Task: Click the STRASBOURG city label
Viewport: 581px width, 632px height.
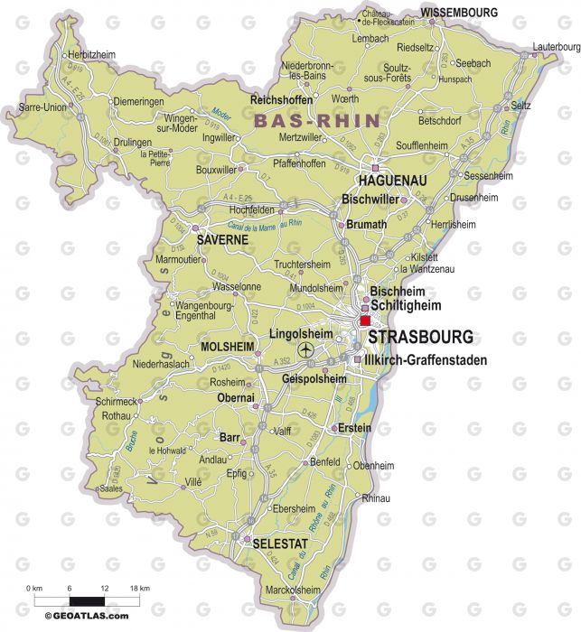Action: (x=420, y=338)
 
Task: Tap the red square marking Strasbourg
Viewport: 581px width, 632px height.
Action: (x=365, y=321)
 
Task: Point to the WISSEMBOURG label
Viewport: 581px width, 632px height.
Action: (x=460, y=13)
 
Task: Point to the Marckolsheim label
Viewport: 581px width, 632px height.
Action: (x=291, y=590)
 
